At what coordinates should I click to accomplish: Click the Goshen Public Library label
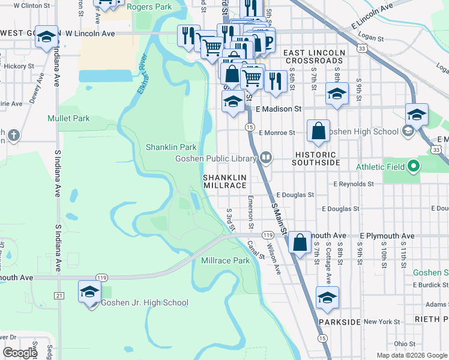[215, 158]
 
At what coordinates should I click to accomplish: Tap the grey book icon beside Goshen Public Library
[265, 158]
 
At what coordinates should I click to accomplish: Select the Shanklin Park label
[171, 147]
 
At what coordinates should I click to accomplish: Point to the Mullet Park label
[68, 118]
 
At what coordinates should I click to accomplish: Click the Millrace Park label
[225, 260]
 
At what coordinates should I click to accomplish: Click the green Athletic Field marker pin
[412, 166]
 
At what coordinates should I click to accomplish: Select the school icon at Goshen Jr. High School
[89, 293]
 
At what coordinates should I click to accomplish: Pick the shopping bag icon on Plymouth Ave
[300, 243]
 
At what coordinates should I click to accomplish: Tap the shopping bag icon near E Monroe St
[318, 131]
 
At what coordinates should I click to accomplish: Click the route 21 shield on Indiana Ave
[59, 296]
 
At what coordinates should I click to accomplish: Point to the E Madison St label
[278, 109]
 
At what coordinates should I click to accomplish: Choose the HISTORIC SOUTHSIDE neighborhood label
[317, 158]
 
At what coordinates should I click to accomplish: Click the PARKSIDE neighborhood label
[340, 322]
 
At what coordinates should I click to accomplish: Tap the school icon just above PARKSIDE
[327, 298]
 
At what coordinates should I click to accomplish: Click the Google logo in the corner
[20, 353]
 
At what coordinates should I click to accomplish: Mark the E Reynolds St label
[354, 184]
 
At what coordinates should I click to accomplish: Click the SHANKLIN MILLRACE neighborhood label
[224, 182]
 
